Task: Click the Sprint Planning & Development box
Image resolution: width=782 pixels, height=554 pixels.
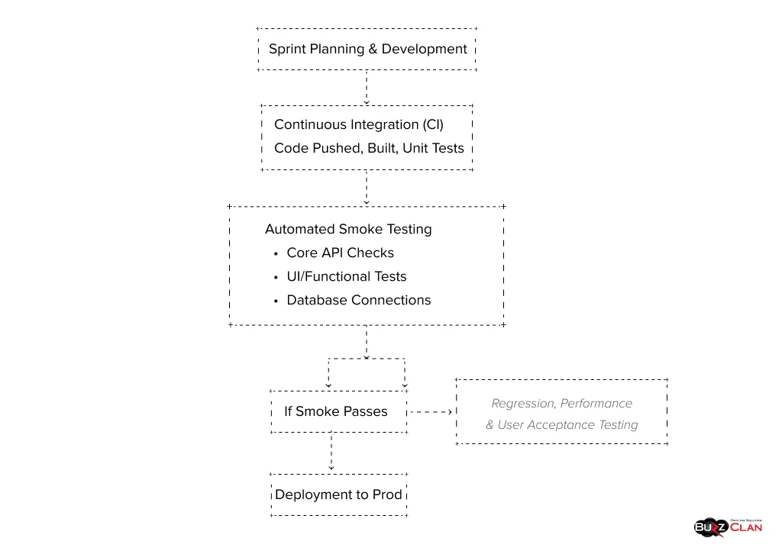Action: (367, 50)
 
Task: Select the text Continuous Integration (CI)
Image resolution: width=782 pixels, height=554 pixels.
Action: (358, 124)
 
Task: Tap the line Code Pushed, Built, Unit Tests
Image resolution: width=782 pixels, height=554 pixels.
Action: (369, 148)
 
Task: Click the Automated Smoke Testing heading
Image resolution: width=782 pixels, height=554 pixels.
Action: (348, 229)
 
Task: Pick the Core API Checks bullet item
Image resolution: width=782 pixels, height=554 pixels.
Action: (340, 253)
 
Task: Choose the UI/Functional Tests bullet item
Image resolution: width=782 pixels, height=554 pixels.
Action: (346, 276)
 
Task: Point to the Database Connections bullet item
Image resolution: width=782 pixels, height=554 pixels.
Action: (358, 300)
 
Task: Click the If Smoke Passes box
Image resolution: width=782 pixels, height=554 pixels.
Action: (336, 411)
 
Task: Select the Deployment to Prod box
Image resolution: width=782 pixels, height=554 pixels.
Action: (338, 494)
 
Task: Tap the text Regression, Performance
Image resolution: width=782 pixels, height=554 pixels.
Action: (561, 403)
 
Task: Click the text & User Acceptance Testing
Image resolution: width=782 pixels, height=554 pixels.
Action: (561, 424)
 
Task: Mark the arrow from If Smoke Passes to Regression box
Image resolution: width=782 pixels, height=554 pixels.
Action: (431, 411)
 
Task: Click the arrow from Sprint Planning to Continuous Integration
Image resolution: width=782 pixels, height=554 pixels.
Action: (367, 88)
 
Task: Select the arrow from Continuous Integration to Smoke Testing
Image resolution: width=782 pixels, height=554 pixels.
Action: (367, 188)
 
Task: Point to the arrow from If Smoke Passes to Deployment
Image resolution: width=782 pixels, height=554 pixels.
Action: (331, 452)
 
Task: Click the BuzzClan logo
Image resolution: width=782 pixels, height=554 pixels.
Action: (728, 526)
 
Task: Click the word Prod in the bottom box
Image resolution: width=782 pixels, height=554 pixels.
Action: (387, 494)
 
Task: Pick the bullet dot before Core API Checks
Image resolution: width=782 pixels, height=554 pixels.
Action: (275, 253)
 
